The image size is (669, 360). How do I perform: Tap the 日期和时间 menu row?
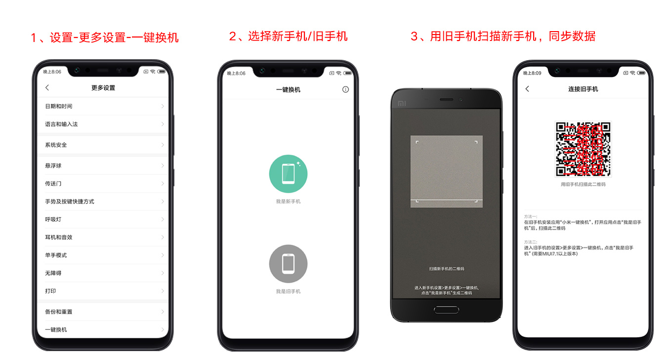pyautogui.click(x=103, y=106)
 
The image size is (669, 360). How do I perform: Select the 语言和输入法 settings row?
pyautogui.click(x=103, y=124)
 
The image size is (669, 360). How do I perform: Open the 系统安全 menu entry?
pyautogui.click(x=103, y=145)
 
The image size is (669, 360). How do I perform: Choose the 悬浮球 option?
pyautogui.click(x=103, y=166)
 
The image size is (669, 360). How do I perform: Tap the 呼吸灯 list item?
pyautogui.click(x=103, y=219)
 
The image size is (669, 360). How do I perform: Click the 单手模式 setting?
pyautogui.click(x=103, y=255)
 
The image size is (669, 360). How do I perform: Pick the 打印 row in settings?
pyautogui.click(x=103, y=291)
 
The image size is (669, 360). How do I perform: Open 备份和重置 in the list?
pyautogui.click(x=103, y=312)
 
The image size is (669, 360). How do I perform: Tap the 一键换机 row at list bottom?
pyautogui.click(x=103, y=329)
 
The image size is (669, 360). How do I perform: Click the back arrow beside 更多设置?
pyautogui.click(x=47, y=88)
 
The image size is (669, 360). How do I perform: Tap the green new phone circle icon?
pyautogui.click(x=288, y=174)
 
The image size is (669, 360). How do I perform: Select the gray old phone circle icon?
pyautogui.click(x=288, y=264)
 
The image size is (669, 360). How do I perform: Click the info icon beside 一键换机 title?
pyautogui.click(x=345, y=89)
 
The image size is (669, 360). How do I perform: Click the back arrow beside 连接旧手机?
pyautogui.click(x=527, y=89)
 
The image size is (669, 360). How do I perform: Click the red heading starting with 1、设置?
pyautogui.click(x=104, y=38)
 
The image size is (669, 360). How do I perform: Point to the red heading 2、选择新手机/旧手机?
pyautogui.click(x=288, y=36)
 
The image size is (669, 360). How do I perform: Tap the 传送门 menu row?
pyautogui.click(x=103, y=184)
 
